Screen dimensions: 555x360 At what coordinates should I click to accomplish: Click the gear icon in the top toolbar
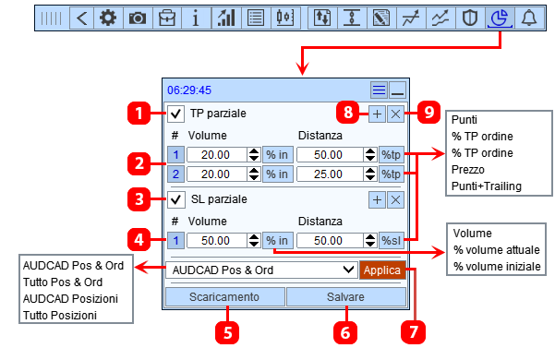tap(108, 18)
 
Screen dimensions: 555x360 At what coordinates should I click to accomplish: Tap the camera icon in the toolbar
tap(138, 18)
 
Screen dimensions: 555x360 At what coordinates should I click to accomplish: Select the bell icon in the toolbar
tap(529, 18)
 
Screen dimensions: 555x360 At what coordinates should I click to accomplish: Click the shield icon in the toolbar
tap(470, 18)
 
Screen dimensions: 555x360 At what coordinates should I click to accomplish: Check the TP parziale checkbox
tap(175, 114)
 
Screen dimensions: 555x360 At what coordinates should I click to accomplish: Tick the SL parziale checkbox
tap(175, 199)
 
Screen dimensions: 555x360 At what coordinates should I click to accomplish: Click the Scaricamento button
tap(225, 297)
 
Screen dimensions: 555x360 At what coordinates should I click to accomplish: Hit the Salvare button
tap(345, 297)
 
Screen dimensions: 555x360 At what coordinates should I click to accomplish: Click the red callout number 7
tap(413, 332)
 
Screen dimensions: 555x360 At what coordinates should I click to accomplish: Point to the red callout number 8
tap(348, 113)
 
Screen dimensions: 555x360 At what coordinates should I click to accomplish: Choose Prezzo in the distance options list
tap(468, 170)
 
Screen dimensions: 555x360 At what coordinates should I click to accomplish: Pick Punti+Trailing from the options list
tap(487, 186)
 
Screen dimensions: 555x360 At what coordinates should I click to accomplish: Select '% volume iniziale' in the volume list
tap(497, 266)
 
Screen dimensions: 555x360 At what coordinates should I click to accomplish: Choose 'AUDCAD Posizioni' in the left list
tap(70, 299)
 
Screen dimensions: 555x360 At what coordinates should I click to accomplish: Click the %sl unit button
tap(392, 241)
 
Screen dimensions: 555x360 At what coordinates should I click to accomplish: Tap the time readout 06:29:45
tap(189, 90)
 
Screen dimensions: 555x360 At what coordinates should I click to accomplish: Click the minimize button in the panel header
tap(397, 90)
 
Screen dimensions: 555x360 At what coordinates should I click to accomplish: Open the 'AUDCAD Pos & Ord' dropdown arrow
tap(349, 270)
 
